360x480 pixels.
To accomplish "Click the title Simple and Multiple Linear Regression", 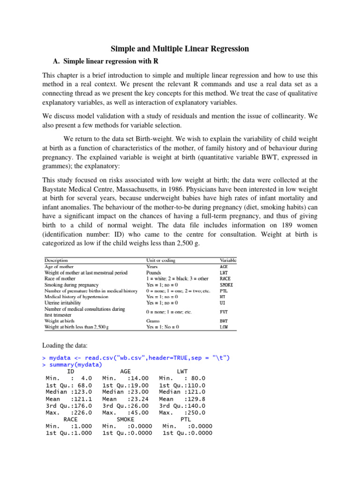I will click(180, 49).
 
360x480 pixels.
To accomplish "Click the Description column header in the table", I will click(56, 260).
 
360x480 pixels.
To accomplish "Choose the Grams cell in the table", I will click(154, 321).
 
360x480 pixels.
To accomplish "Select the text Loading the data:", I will click(64, 346).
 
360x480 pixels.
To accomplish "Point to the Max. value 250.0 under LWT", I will click(196, 412).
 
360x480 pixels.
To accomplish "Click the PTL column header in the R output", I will click(186, 419).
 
